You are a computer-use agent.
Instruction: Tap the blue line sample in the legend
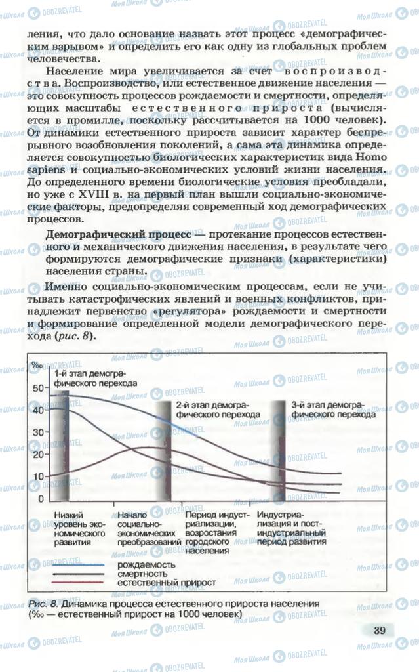[75, 564]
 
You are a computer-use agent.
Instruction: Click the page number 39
[379, 631]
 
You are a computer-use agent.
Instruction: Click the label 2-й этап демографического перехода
[218, 410]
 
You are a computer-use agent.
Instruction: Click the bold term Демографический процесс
[119, 234]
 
